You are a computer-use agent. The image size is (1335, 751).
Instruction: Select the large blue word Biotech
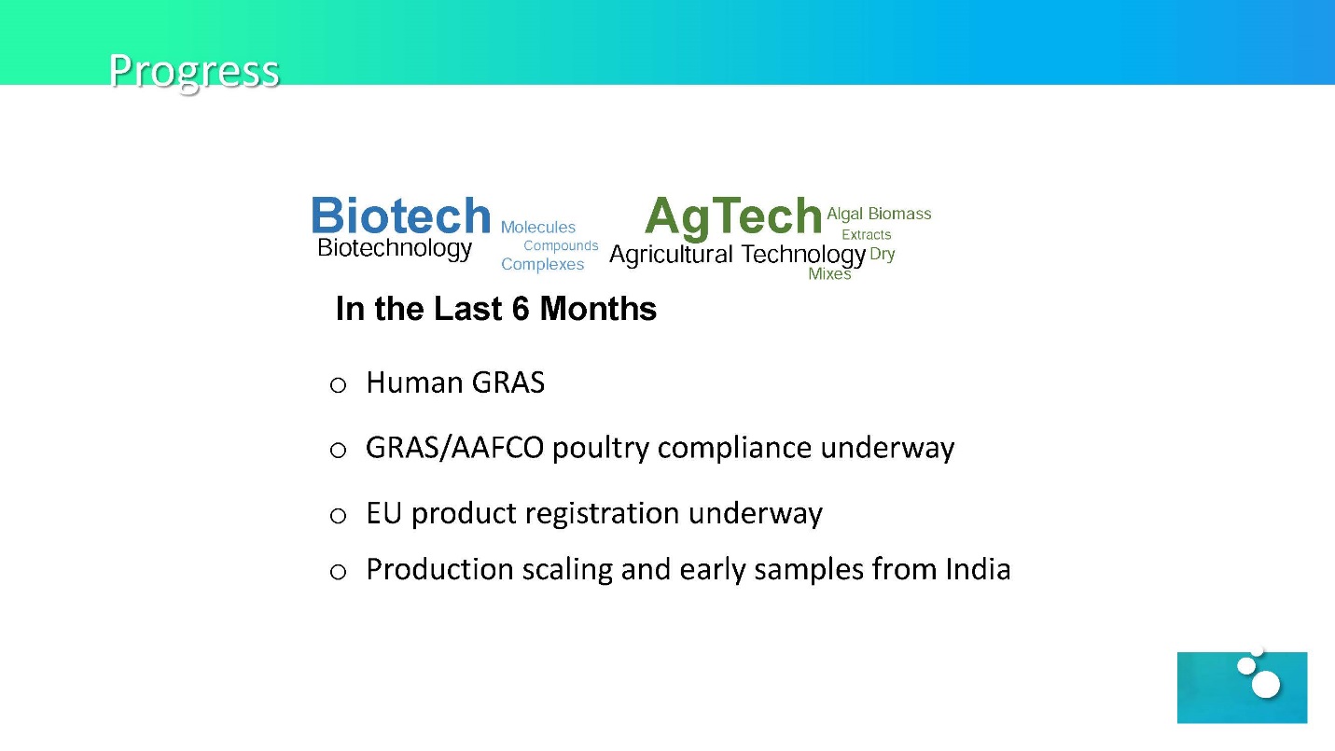pyautogui.click(x=401, y=216)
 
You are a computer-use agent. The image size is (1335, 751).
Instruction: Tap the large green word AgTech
pyautogui.click(x=733, y=216)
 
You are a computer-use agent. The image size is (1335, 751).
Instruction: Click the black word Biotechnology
pyautogui.click(x=395, y=248)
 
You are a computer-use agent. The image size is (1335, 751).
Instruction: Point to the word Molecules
pyautogui.click(x=538, y=227)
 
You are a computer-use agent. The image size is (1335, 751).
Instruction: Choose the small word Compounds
pyautogui.click(x=561, y=245)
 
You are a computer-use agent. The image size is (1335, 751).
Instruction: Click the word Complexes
pyautogui.click(x=542, y=264)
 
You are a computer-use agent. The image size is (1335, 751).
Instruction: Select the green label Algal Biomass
pyautogui.click(x=879, y=214)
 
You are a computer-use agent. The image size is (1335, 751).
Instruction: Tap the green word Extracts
pyautogui.click(x=866, y=235)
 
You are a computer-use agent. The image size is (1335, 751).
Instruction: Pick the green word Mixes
pyautogui.click(x=829, y=273)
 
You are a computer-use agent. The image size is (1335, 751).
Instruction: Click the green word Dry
pyautogui.click(x=882, y=255)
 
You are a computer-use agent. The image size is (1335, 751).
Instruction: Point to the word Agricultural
pyautogui.click(x=671, y=255)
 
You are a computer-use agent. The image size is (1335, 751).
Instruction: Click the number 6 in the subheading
pyautogui.click(x=521, y=309)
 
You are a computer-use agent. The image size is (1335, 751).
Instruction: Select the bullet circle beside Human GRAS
pyautogui.click(x=338, y=385)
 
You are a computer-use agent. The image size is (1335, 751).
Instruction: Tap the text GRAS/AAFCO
pyautogui.click(x=454, y=448)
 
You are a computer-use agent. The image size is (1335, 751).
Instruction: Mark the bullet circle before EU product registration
pyautogui.click(x=338, y=516)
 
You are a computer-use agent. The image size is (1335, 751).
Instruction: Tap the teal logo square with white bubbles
pyautogui.click(x=1242, y=688)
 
